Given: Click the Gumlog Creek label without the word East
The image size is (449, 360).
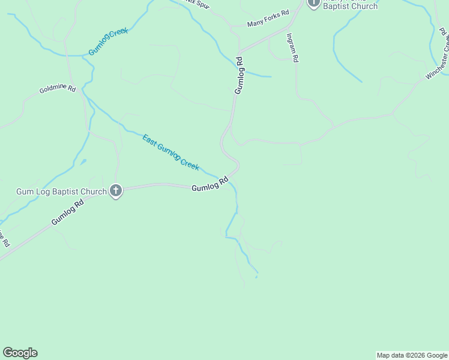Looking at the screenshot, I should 109,41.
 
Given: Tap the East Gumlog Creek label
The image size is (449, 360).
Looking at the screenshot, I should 170,152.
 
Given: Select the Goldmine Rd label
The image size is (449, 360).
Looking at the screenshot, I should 58,89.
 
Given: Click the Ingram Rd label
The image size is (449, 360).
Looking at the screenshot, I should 292,48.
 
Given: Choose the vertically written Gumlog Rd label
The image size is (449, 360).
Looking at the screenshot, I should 239,75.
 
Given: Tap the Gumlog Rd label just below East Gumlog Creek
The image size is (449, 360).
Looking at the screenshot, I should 210,184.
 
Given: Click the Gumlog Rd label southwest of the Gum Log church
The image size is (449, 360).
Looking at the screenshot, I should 67,212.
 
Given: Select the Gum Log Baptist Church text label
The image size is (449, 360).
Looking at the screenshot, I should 61,192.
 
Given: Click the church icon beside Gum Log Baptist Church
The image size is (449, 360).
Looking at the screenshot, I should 116,191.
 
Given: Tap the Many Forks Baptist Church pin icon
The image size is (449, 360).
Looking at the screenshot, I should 313,3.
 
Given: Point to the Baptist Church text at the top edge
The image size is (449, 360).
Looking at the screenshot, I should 351,7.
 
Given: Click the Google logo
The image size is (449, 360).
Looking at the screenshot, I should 20,353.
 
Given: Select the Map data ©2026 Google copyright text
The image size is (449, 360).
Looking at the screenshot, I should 412,355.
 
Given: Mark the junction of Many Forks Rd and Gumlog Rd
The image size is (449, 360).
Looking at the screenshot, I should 240,52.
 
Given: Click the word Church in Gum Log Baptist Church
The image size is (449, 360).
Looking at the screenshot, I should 94,192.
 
